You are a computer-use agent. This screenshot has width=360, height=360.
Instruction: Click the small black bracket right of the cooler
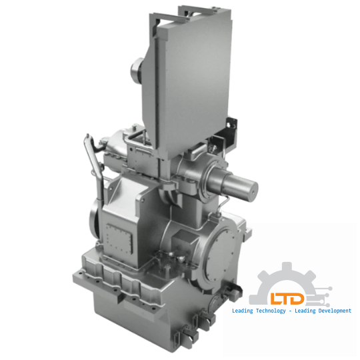tap(231, 127)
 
